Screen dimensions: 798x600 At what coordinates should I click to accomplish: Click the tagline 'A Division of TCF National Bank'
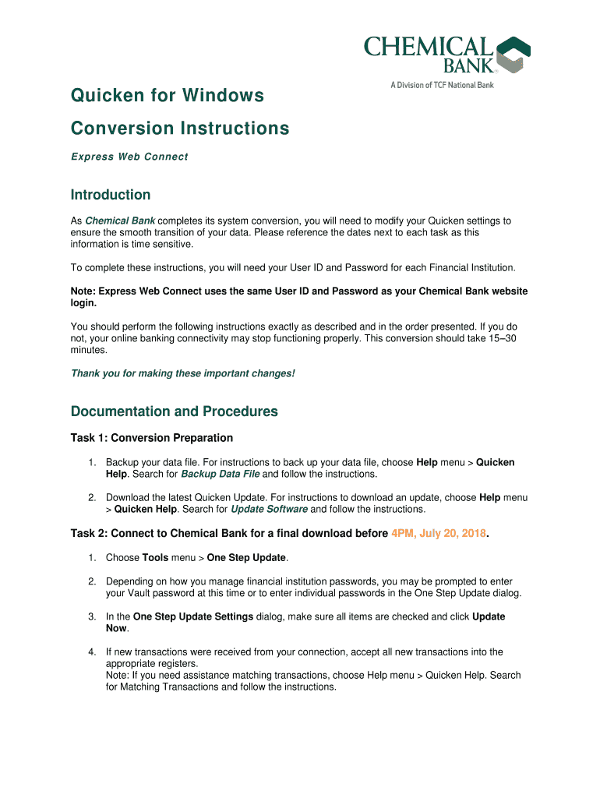point(442,85)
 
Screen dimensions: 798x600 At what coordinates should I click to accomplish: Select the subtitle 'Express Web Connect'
point(129,157)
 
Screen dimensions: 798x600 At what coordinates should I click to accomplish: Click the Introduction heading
point(111,195)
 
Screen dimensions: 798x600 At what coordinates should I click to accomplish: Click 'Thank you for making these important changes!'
point(183,373)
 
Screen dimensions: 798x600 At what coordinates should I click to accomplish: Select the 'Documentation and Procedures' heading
point(174,411)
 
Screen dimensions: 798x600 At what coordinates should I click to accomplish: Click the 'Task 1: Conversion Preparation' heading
point(152,438)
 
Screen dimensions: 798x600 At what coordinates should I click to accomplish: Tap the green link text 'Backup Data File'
point(220,474)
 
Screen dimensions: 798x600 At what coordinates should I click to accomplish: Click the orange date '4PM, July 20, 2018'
point(438,534)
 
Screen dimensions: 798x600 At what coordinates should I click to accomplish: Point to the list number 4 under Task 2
point(91,651)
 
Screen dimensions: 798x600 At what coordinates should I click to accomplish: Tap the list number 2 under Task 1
point(91,497)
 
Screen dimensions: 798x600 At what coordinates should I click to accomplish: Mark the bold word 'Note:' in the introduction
point(84,291)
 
